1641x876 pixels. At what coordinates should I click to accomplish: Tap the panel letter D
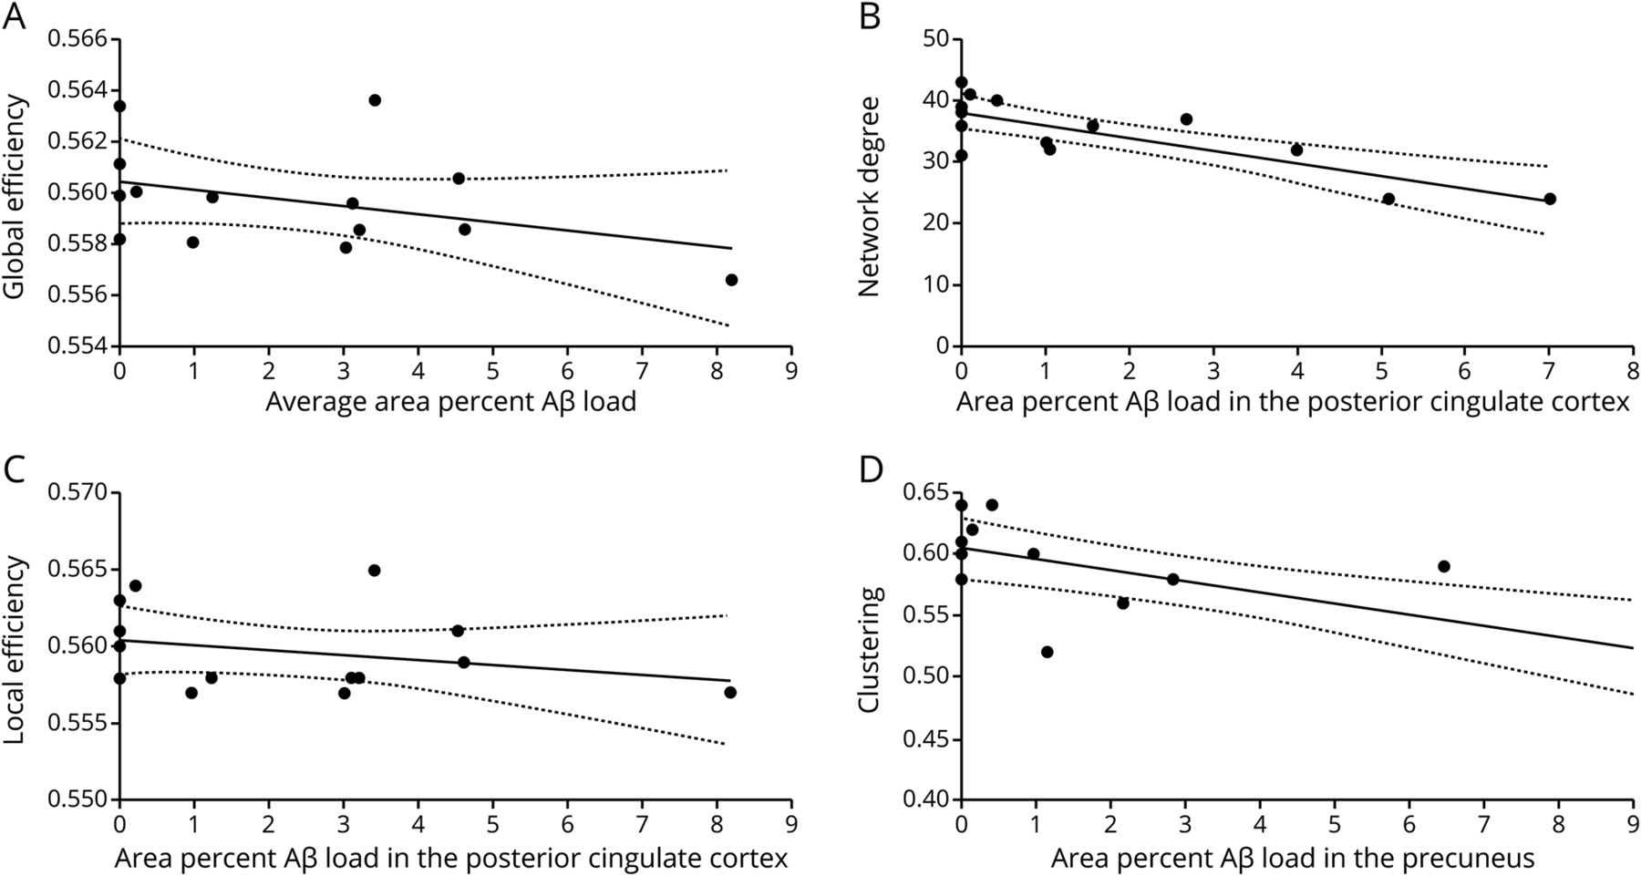(x=871, y=470)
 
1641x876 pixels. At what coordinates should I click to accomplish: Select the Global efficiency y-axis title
(x=15, y=196)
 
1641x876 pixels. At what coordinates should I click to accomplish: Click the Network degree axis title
(x=869, y=196)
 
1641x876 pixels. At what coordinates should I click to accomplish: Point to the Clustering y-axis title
(x=869, y=649)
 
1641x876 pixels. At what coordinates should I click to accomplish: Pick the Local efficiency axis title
(x=15, y=649)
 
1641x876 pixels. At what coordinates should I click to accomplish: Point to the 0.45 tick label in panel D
(x=925, y=738)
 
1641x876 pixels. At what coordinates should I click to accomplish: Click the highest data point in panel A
(x=375, y=100)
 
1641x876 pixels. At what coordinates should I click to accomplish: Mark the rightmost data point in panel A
(x=731, y=280)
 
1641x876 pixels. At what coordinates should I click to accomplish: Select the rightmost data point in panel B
(x=1549, y=199)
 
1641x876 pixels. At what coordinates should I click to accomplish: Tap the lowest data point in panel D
(x=1047, y=652)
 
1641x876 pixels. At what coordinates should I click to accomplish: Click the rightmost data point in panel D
(x=1444, y=566)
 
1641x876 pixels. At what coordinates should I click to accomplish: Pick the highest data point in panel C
(x=374, y=571)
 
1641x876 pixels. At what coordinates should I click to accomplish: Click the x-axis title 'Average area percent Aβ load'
(x=450, y=402)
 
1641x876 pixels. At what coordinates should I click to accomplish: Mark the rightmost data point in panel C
(x=730, y=693)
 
